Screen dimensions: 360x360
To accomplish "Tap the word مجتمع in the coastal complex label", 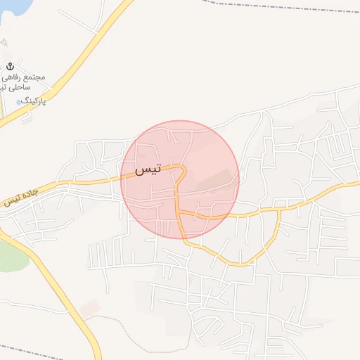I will point(34,77).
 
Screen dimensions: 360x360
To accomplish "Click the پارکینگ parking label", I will point(34,101).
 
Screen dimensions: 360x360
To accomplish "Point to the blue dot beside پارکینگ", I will point(18,103).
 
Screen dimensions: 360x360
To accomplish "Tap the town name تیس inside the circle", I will point(148,169).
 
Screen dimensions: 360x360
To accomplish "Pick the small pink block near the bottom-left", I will point(89,307).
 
